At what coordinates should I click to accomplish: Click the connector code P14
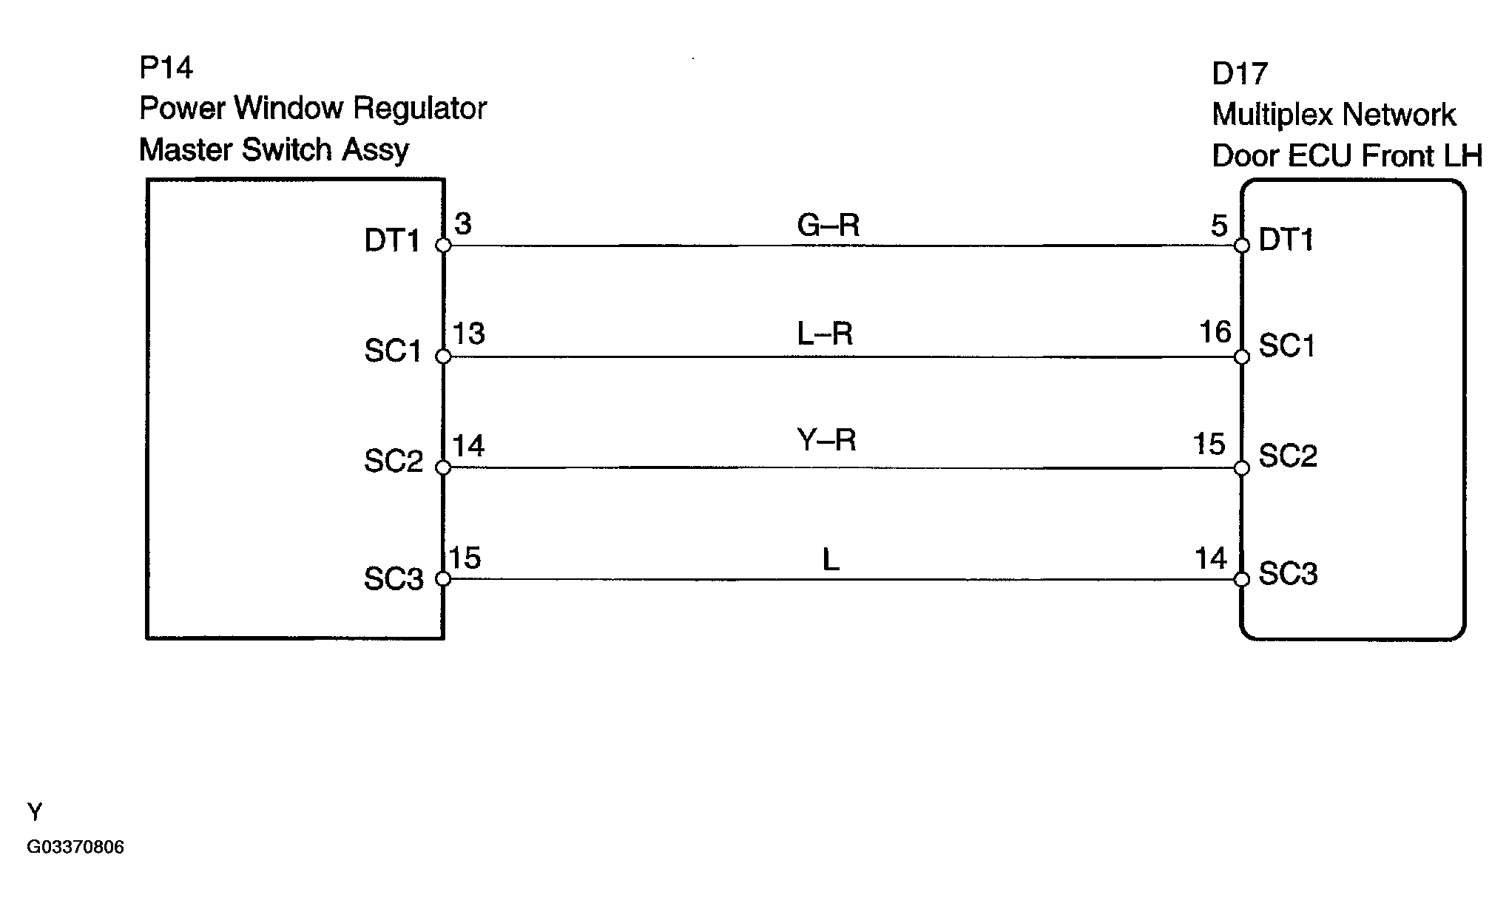pyautogui.click(x=166, y=68)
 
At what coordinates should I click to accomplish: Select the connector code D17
pyautogui.click(x=1240, y=74)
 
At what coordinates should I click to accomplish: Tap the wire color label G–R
pyautogui.click(x=828, y=225)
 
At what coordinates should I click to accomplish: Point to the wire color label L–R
pyautogui.click(x=825, y=334)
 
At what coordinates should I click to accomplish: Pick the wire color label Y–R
pyautogui.click(x=827, y=441)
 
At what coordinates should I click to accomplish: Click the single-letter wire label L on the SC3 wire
pyautogui.click(x=831, y=561)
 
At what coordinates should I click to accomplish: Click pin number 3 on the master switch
pyautogui.click(x=463, y=223)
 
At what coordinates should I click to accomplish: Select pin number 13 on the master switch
pyautogui.click(x=469, y=334)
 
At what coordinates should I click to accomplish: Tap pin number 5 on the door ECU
pyautogui.click(x=1219, y=226)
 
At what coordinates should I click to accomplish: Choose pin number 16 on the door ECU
pyautogui.click(x=1215, y=332)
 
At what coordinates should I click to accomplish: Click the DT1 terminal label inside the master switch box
pyautogui.click(x=392, y=241)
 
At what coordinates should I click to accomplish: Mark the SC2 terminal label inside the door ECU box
pyautogui.click(x=1288, y=456)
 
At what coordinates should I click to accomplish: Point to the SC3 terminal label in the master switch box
pyautogui.click(x=394, y=578)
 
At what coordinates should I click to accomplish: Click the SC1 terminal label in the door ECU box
pyautogui.click(x=1287, y=346)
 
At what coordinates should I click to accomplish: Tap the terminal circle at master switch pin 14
pyautogui.click(x=443, y=467)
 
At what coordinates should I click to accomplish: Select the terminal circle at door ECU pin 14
pyautogui.click(x=1242, y=578)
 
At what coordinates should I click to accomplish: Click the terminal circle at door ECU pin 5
pyautogui.click(x=1242, y=246)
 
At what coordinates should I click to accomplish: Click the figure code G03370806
pyautogui.click(x=75, y=847)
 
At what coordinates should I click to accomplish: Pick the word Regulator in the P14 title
pyautogui.click(x=419, y=109)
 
